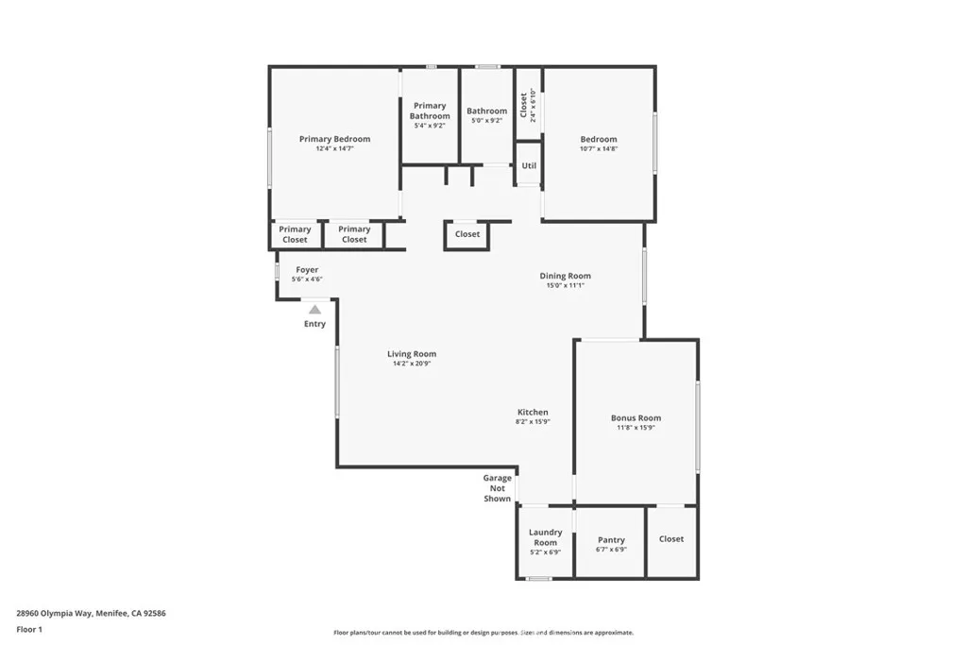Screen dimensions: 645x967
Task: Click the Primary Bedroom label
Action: click(334, 139)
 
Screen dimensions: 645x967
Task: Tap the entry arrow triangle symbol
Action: click(314, 309)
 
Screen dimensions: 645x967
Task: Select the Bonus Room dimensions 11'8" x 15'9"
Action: click(636, 428)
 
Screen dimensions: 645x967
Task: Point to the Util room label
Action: click(529, 165)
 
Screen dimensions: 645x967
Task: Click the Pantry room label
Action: click(611, 540)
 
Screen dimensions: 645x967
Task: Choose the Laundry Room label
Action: click(545, 537)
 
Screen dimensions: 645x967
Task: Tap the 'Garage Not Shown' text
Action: click(498, 488)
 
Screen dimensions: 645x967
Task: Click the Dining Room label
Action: click(565, 276)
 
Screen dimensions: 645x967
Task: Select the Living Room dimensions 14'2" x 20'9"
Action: click(411, 364)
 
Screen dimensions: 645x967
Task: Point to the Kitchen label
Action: click(533, 412)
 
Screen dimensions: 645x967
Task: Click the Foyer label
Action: click(307, 269)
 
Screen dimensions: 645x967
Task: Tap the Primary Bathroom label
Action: click(430, 110)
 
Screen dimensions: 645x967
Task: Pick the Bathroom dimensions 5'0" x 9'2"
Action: click(486, 120)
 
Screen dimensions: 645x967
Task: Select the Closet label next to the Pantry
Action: click(671, 538)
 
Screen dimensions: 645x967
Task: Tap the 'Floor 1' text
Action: click(29, 629)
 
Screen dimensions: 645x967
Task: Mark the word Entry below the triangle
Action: click(314, 324)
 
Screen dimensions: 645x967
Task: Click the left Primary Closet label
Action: click(295, 234)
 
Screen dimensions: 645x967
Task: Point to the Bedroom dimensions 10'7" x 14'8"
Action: click(598, 148)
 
